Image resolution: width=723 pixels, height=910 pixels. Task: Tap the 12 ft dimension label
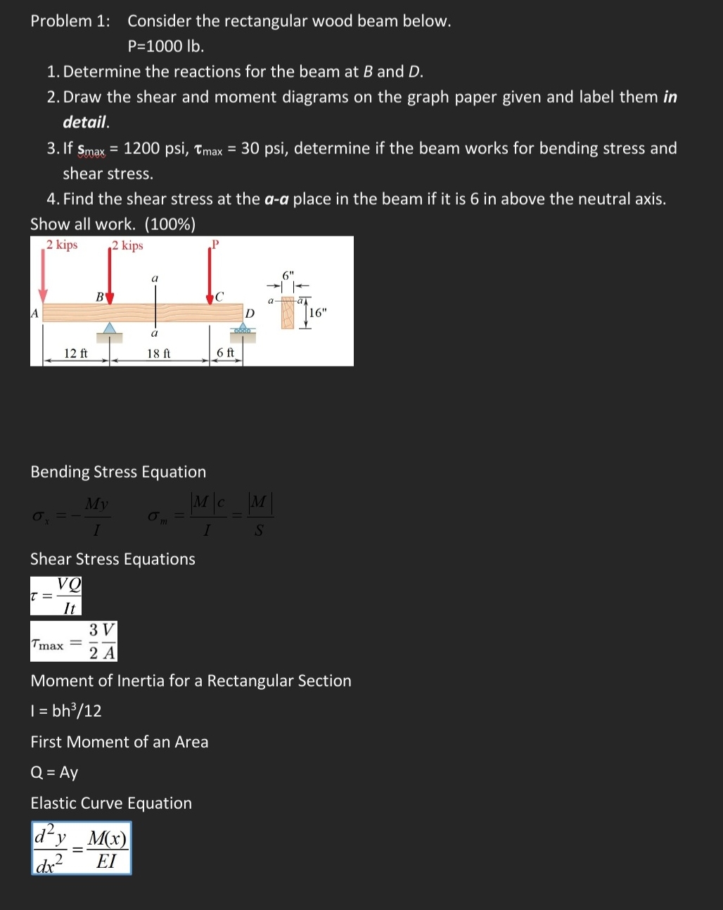click(75, 353)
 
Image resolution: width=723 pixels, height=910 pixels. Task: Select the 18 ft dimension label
click(158, 353)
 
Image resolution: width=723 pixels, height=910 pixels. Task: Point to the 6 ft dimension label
click(225, 353)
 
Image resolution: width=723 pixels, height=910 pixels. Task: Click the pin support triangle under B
click(109, 329)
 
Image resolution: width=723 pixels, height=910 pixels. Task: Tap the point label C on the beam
click(219, 296)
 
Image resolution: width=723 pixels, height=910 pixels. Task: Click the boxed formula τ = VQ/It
click(56, 596)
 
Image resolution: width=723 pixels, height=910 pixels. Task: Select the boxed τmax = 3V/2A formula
click(73, 641)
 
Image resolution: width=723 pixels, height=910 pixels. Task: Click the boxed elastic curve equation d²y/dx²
click(81, 848)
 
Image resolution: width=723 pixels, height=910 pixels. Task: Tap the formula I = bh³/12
click(66, 711)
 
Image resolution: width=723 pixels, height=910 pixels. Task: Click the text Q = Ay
click(54, 772)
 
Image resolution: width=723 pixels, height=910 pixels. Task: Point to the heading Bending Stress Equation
click(118, 472)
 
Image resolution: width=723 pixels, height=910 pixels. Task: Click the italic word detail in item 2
click(86, 122)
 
